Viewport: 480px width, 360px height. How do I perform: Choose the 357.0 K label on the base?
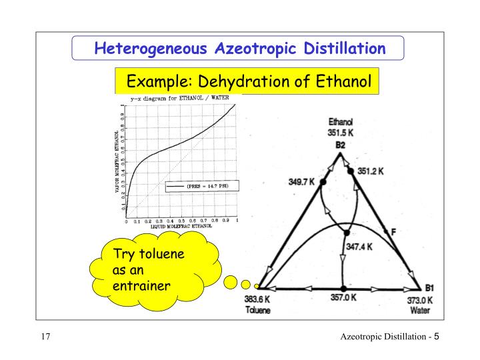click(343, 298)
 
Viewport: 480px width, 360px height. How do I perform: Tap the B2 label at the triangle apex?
click(341, 144)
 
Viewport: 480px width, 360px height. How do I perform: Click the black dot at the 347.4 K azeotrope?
click(346, 233)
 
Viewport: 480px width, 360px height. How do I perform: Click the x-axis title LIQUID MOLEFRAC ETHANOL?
click(177, 227)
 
